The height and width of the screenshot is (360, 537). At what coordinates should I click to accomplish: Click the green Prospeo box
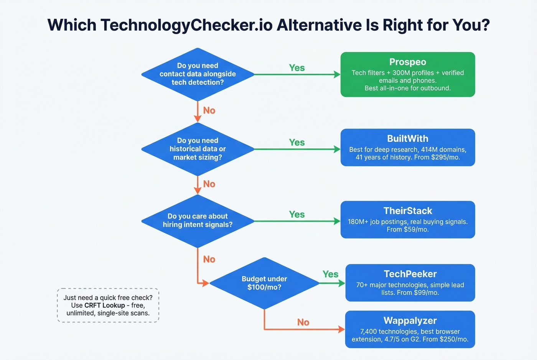(x=407, y=75)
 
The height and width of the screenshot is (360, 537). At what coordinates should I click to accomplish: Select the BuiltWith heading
(x=407, y=138)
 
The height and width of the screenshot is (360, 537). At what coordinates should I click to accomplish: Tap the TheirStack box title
(x=407, y=211)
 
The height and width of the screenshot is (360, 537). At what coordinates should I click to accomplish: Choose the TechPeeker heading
(x=410, y=274)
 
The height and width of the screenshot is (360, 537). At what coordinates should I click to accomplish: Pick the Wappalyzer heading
(x=410, y=321)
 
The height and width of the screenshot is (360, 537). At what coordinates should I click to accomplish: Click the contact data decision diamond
(x=198, y=74)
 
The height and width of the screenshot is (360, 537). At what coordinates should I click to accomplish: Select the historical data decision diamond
(x=198, y=149)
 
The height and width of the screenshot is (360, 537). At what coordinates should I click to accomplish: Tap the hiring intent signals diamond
(x=198, y=220)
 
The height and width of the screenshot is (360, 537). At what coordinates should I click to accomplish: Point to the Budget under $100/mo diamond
(x=264, y=283)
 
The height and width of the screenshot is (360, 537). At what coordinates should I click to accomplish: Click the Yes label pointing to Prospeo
(x=297, y=68)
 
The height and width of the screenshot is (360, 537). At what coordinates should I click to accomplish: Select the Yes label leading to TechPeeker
(x=330, y=274)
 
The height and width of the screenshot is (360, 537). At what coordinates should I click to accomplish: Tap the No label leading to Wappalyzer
(x=303, y=322)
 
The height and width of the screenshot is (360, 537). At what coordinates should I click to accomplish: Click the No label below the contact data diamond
(x=209, y=110)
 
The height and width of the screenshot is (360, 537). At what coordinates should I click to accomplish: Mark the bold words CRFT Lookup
(x=104, y=306)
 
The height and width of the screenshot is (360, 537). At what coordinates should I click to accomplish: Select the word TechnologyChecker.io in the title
(x=186, y=25)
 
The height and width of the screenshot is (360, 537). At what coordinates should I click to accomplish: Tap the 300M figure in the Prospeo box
(x=402, y=73)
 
